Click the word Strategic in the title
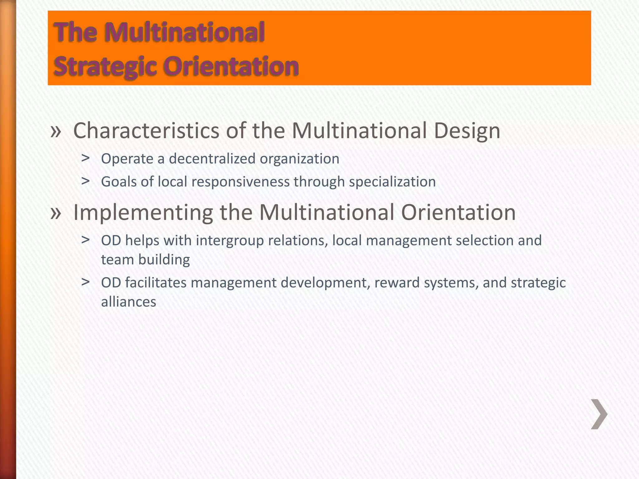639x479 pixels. pyautogui.click(x=105, y=66)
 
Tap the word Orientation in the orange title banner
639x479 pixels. pyautogui.click(x=231, y=66)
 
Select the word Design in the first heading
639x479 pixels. pyautogui.click(x=467, y=131)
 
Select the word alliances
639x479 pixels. pyautogui.click(x=129, y=302)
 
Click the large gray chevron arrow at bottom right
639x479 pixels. pyautogui.click(x=599, y=414)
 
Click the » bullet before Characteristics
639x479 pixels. pyautogui.click(x=56, y=131)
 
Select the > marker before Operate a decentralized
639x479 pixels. pyautogui.click(x=85, y=158)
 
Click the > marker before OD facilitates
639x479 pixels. pyautogui.click(x=85, y=282)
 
